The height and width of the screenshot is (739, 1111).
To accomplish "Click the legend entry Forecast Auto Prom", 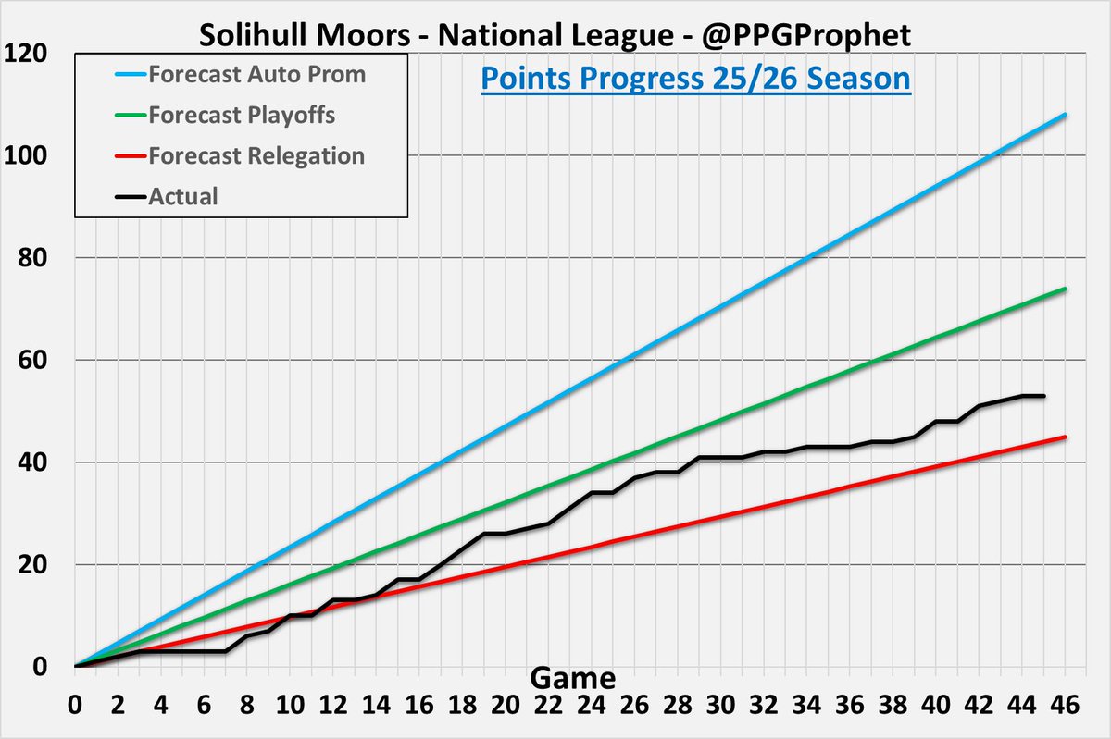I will click(256, 75).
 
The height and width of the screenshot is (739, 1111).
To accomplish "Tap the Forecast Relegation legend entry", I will click(256, 155).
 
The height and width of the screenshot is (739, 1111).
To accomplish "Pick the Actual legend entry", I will click(183, 195).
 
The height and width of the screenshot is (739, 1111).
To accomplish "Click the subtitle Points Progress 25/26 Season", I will click(695, 79).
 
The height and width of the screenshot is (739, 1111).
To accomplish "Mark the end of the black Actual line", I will click(1044, 396).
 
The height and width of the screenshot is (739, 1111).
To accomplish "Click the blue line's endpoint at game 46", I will click(1066, 115).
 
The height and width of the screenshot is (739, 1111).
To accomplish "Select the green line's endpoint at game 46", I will click(1066, 289).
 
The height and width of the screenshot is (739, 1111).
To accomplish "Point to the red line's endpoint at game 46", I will click(1066, 437).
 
